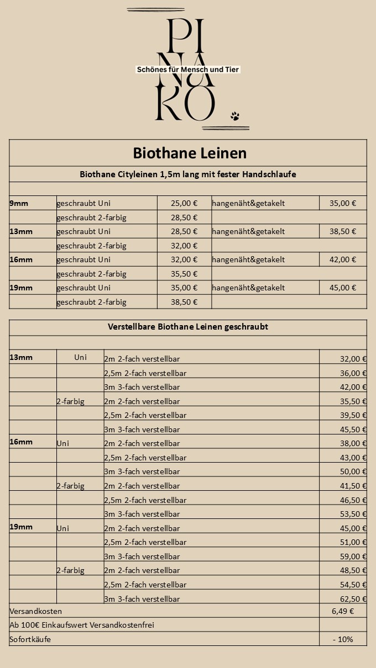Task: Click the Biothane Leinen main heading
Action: point(190,152)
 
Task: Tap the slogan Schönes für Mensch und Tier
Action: point(188,70)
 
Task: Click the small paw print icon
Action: point(235,116)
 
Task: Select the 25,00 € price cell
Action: point(185,203)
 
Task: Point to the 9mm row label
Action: point(19,203)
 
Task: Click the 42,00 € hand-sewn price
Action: point(343,259)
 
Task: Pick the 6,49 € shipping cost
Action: point(343,611)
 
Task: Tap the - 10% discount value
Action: point(343,639)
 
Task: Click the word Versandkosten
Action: point(36,611)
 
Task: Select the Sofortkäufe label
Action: point(30,639)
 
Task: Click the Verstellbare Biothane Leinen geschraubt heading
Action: point(188,327)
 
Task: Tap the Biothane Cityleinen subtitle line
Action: point(188,174)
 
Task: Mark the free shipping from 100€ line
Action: point(82,625)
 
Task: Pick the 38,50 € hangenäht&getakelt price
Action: point(343,231)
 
